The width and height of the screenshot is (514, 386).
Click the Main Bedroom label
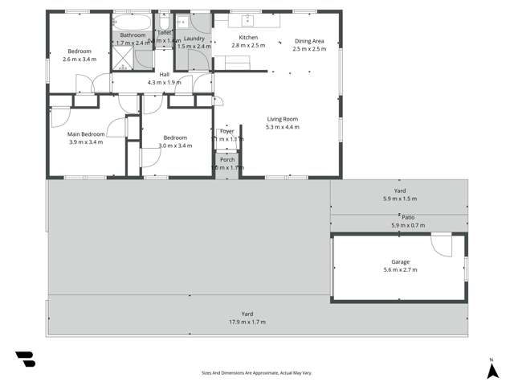(x=85, y=134)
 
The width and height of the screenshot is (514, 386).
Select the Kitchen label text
(x=248, y=38)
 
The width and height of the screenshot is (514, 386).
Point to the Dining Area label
(x=309, y=41)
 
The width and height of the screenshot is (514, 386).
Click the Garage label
(x=401, y=262)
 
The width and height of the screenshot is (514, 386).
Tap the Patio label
(x=408, y=217)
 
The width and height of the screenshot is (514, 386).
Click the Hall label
(x=164, y=74)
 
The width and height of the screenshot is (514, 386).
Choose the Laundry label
(x=194, y=39)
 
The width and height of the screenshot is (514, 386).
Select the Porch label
(x=226, y=160)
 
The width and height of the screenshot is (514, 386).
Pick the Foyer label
(x=226, y=131)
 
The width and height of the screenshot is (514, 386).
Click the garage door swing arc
(x=443, y=244)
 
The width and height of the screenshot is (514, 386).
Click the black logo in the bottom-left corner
(x=25, y=359)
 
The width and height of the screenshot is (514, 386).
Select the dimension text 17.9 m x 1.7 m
(x=247, y=322)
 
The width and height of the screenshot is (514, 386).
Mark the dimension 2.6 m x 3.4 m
(x=79, y=59)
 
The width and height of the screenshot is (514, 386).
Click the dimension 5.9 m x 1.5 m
(x=400, y=198)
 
